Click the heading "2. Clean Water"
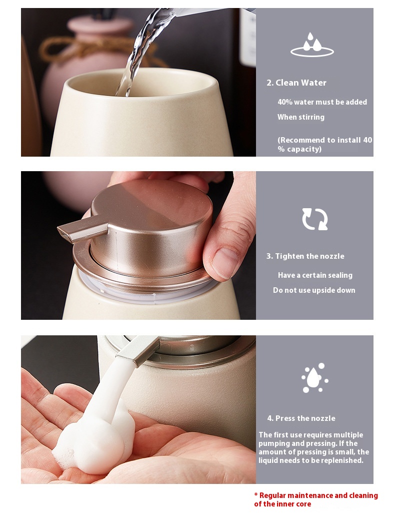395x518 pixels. pos(296,83)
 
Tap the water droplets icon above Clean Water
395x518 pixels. pos(312,45)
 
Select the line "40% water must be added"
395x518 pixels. pos(322,102)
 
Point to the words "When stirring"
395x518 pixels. pos(300,117)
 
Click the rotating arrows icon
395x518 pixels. pos(315,219)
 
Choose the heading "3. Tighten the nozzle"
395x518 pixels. pos(305,256)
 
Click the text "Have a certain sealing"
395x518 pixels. pos(315,275)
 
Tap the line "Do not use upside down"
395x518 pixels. pos(314,290)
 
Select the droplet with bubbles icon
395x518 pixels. pos(315,377)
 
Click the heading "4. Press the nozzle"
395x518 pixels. pos(301,418)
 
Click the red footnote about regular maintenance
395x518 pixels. pos(316,499)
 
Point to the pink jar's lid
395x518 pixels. pos(99,26)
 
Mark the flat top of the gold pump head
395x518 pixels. pos(152,205)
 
